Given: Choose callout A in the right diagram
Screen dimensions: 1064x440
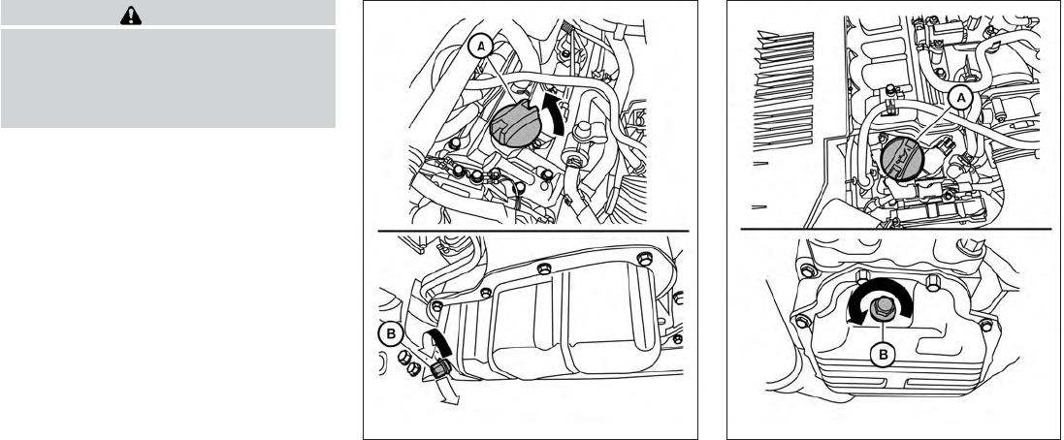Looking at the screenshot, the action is click(960, 97).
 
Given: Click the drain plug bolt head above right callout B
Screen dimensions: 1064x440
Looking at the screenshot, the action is click(885, 310).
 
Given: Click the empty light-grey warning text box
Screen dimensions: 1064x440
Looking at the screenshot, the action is click(168, 78).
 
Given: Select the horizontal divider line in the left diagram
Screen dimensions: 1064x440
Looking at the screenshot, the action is click(530, 230).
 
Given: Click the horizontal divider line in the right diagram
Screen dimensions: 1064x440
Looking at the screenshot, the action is click(895, 229).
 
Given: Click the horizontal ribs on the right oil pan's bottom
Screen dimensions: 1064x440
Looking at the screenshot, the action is click(892, 393).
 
